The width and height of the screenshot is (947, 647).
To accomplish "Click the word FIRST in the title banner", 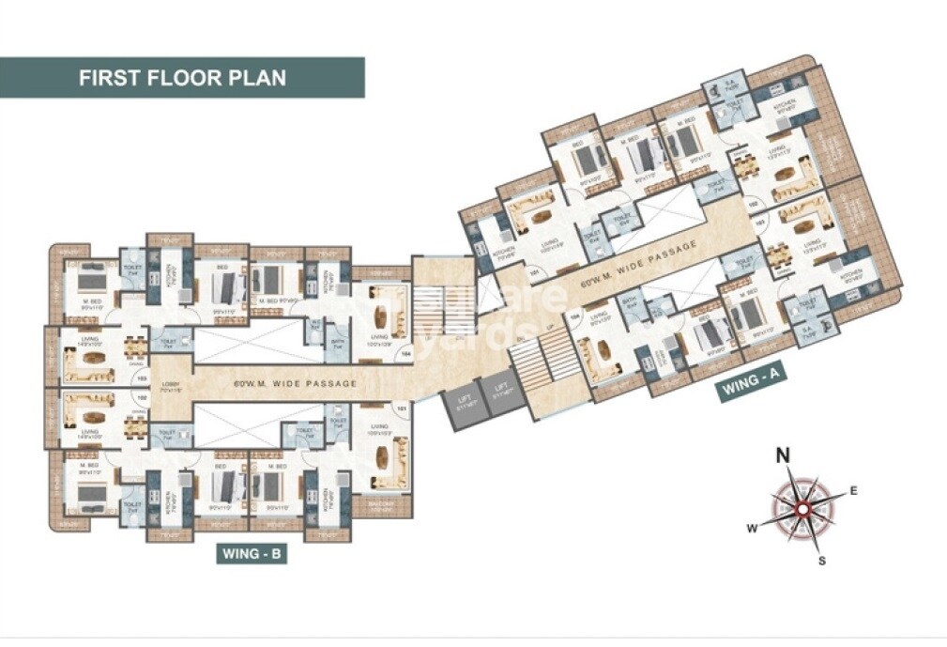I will coord(110,77).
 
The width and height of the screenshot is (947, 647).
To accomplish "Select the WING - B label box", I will coord(252,554).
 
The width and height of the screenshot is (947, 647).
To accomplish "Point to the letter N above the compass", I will coord(781,456).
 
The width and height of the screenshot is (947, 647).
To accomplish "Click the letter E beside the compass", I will coord(853,489).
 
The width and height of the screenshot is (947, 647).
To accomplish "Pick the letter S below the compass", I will coord(822,562).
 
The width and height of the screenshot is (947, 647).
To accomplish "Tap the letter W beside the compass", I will coord(751,528).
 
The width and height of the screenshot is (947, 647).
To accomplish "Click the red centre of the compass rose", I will coord(802,509).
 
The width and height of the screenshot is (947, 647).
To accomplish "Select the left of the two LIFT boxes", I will coord(459,405).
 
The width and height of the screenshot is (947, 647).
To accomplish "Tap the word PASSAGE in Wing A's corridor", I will coord(674,252).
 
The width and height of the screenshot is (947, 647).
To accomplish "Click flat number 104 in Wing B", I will coord(405,353).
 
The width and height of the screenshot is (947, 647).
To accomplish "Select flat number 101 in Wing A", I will coord(535,274).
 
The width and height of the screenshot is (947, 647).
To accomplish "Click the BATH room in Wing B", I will coord(335,345).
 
